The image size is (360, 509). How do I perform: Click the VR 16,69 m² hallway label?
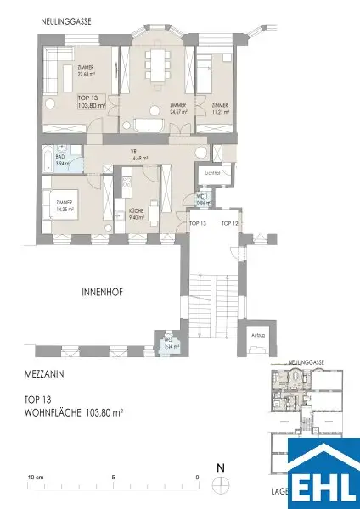tap(138, 155)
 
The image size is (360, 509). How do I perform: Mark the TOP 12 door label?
tap(230, 222)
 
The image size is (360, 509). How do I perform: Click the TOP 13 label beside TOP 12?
tap(198, 222)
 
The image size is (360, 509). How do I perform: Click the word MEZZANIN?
tap(42, 372)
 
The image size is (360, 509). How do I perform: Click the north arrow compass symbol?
tap(221, 481)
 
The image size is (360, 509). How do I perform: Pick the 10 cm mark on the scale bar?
tap(35, 478)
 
